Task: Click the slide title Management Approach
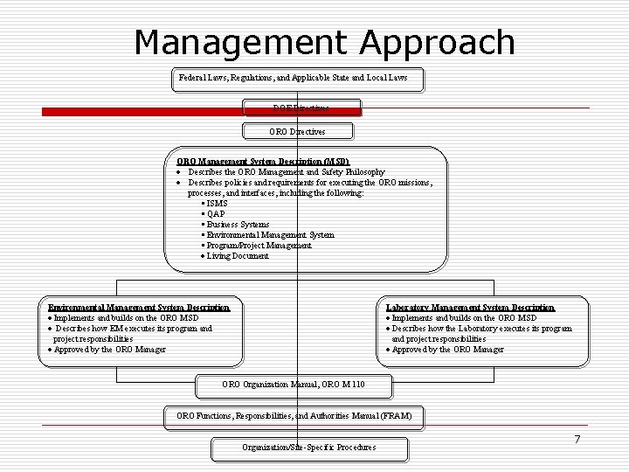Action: click(325, 42)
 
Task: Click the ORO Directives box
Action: click(297, 131)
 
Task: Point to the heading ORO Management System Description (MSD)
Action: click(263, 162)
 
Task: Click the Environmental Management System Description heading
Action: click(139, 308)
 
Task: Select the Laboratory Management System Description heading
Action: click(470, 308)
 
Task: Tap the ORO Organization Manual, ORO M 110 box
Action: click(294, 385)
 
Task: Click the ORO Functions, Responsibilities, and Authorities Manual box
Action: click(294, 415)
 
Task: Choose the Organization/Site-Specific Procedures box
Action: click(309, 448)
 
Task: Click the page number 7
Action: click(577, 439)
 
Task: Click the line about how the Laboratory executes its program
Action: click(480, 329)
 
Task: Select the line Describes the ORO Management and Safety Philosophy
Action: click(286, 172)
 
